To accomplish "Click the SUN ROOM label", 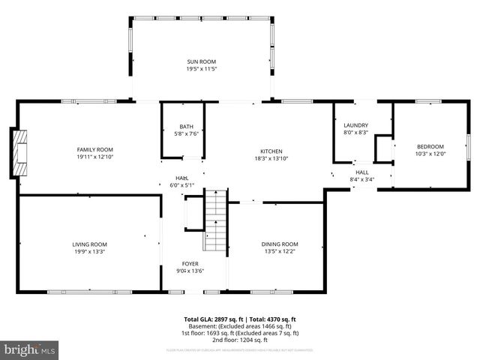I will pos(201,61).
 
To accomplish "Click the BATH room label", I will pos(185,126).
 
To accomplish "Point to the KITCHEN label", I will pos(271,150).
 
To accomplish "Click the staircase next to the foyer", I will pos(215,220).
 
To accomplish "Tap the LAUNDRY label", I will pos(356,124).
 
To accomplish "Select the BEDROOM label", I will pos(430,146).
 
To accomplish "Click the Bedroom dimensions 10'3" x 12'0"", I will pos(430,154).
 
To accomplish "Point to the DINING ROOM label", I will pos(280,244).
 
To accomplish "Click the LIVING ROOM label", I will pos(90,244).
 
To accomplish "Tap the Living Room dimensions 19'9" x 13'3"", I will pos(90,252).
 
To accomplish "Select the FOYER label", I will pos(190,263).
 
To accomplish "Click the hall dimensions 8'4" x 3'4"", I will pos(361,179).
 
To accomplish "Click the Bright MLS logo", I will pos(30,349).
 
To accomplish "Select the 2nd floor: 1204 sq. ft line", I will pos(240,340).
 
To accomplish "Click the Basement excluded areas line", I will pos(240,326).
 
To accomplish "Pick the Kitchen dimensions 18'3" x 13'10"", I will pos(271,158).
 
